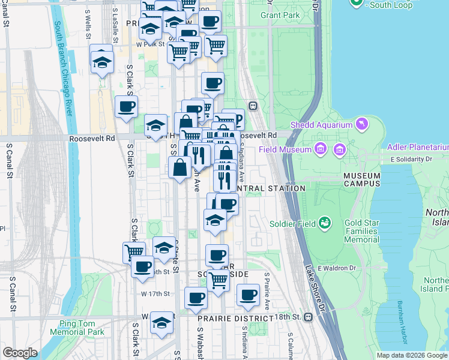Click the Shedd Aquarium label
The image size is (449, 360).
click(x=321, y=125)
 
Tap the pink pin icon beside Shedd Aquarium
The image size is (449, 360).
click(x=361, y=125)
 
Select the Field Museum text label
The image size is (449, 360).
click(x=285, y=149)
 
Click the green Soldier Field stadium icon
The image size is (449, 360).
click(x=325, y=223)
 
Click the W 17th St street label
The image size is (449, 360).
click(x=155, y=293)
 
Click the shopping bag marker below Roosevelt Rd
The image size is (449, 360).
click(x=180, y=168)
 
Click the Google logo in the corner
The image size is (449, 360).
click(x=20, y=353)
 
